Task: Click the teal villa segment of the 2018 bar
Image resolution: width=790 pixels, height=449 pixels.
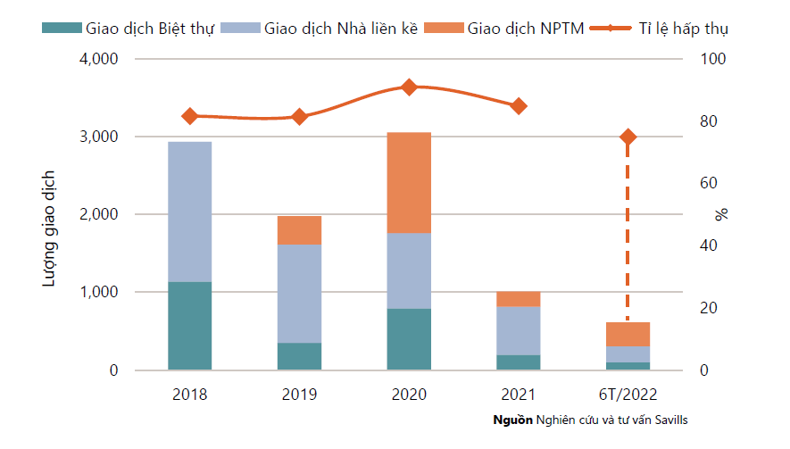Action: pyautogui.click(x=189, y=326)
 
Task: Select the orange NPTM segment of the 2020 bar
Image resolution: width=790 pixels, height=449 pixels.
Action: pyautogui.click(x=409, y=182)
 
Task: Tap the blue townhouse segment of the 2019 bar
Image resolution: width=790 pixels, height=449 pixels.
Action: pyautogui.click(x=299, y=294)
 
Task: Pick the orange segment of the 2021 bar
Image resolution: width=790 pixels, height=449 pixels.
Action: pyautogui.click(x=518, y=298)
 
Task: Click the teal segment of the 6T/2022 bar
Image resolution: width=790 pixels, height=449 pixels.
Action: pyautogui.click(x=628, y=366)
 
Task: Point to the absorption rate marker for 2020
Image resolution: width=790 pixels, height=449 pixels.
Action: pyautogui.click(x=409, y=87)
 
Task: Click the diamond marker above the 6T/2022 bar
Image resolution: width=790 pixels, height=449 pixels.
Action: pyautogui.click(x=628, y=137)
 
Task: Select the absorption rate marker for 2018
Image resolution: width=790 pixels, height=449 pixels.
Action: pyautogui.click(x=189, y=116)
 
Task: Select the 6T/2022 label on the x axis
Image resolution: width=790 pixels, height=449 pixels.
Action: pyautogui.click(x=628, y=394)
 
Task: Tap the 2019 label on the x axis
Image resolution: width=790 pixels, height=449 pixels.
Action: pyautogui.click(x=299, y=394)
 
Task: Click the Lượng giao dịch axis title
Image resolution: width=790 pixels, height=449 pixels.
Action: pyautogui.click(x=51, y=227)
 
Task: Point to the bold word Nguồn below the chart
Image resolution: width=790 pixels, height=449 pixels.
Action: pyautogui.click(x=512, y=420)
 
